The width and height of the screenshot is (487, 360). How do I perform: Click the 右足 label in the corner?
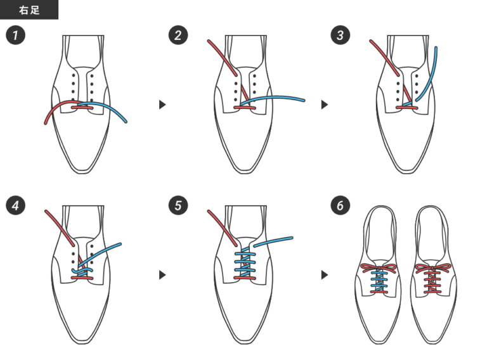point(29,10)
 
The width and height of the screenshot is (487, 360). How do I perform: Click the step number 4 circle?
point(15,205)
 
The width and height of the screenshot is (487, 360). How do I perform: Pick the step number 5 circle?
point(178,205)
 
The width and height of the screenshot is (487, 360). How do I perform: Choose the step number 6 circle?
point(341,205)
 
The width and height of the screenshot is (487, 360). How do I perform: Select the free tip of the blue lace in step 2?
point(304,100)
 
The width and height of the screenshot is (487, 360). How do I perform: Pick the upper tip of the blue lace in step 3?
point(436,48)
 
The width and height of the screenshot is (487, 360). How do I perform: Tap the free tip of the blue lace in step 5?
point(292,238)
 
